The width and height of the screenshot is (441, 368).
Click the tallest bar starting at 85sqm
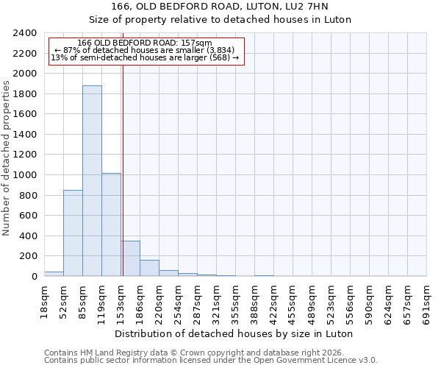[x=92, y=181]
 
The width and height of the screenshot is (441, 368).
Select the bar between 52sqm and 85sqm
[x=73, y=233]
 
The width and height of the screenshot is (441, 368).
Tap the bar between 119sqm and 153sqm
[x=111, y=224]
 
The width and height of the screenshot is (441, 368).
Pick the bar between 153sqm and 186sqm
[x=130, y=258]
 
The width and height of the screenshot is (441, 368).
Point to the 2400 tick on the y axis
[x=25, y=34]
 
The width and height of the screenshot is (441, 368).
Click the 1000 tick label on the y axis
[x=25, y=175]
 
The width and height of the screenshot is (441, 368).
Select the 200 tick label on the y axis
[x=28, y=256]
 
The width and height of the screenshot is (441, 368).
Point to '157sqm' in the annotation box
[x=198, y=43]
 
